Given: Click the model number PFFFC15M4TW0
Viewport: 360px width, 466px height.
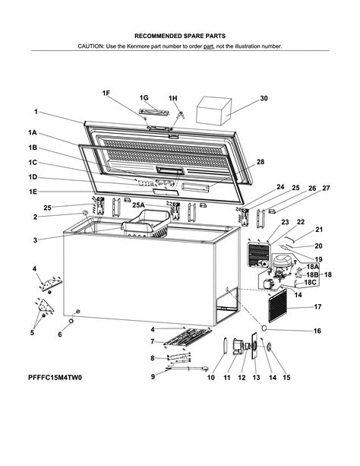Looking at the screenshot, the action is point(55,377).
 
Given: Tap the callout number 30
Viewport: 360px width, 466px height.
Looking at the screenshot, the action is point(264,98).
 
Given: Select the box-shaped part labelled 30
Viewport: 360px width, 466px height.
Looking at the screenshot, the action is point(213,110).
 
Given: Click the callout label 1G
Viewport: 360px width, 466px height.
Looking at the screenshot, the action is point(144,98).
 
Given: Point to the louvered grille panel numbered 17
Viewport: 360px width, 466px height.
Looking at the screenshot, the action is point(278,306).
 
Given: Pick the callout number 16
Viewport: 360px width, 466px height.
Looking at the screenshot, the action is point(317,331).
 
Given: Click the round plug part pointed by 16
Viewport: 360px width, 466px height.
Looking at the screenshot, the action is point(264,328).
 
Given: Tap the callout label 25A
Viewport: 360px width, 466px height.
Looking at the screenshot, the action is point(138,205).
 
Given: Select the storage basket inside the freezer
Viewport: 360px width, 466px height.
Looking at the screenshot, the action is point(146,223).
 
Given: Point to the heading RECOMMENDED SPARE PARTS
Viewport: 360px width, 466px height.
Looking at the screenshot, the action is point(180,36).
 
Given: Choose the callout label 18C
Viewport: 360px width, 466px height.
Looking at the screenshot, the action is point(310,282).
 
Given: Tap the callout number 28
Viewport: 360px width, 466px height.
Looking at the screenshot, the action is point(261,162).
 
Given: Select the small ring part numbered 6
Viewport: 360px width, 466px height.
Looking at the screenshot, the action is point(71,322).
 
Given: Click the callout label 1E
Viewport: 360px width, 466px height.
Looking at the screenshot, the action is point(33,192).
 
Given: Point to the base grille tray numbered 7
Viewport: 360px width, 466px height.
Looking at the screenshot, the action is point(188,338).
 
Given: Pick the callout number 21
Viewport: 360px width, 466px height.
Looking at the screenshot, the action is point(319,230).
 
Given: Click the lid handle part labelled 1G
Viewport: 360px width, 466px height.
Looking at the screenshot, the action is point(154,112).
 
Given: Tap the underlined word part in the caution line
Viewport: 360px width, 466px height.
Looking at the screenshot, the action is point(209,46).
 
